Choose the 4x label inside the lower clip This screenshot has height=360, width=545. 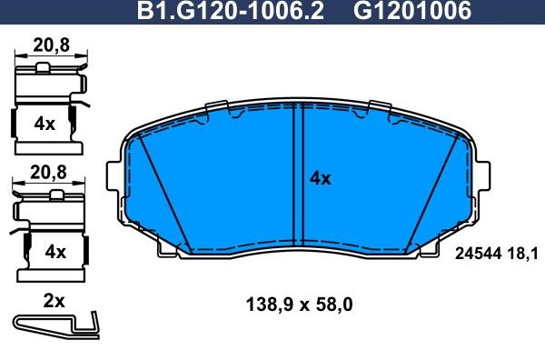[x=55, y=252]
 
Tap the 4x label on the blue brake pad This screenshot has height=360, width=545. [x=320, y=179]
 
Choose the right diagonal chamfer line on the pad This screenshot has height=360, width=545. [x=427, y=191]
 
